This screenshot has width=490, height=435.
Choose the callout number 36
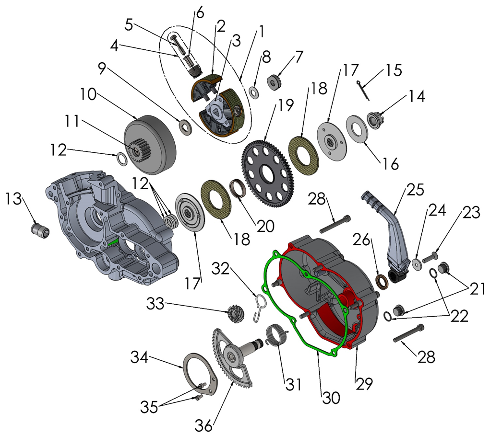tap(203, 424)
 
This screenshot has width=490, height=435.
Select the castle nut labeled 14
tap(374, 117)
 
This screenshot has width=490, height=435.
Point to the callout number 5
tap(129, 24)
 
